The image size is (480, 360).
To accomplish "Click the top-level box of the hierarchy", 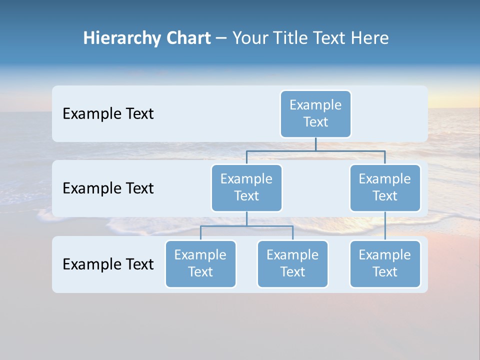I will tap(315, 113).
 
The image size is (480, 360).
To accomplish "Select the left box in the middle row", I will tap(246, 187).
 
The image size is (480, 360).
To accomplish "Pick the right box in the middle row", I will tap(385, 187).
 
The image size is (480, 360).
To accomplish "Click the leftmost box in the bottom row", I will tap(200, 263).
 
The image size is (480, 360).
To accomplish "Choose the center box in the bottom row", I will tap(292, 263).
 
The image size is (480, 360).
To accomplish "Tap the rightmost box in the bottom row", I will tap(385, 263).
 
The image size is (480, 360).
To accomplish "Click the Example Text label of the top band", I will tap(108, 114).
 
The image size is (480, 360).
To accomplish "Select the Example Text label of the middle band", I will tap(108, 188).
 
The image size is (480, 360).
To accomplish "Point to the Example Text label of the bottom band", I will tap(108, 264).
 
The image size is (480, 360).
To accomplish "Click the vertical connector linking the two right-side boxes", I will tap(385, 226).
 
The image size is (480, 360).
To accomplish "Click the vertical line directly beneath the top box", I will tap(315, 144).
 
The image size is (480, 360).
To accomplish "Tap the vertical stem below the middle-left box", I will tap(246, 218).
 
